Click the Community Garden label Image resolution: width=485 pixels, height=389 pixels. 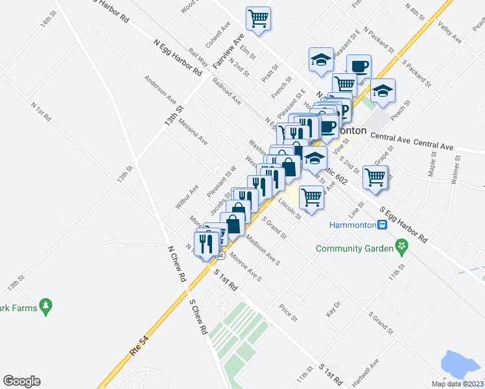(355, 248)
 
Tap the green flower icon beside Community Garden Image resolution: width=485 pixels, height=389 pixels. (402, 247)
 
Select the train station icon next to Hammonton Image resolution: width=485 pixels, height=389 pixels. (383, 225)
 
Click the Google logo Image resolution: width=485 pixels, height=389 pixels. (21, 381)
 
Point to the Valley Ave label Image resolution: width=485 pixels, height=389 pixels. (449, 32)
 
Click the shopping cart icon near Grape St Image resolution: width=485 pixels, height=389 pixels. (376, 177)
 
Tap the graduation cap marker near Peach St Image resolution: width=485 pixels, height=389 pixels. (383, 91)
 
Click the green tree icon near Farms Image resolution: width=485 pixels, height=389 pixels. (45, 305)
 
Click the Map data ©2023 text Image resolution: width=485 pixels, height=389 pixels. (458, 384)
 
